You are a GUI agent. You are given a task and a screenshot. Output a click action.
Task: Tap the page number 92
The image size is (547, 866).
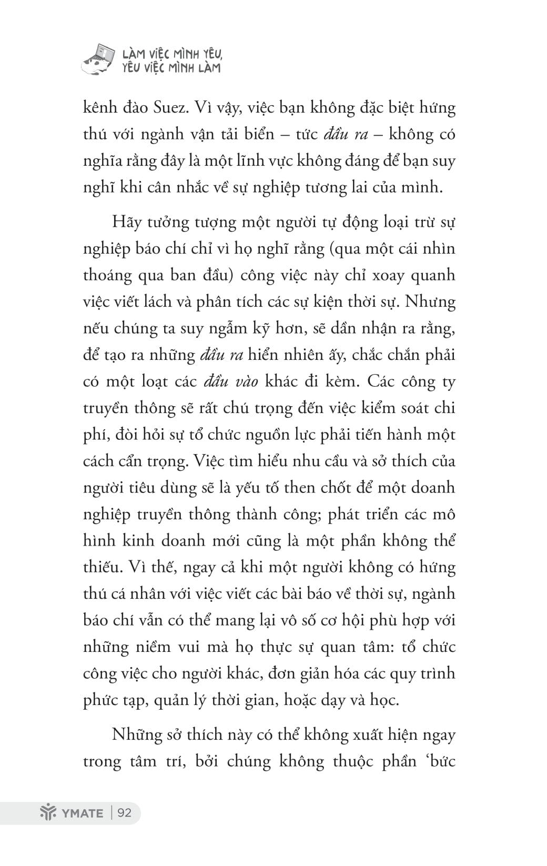[125, 812]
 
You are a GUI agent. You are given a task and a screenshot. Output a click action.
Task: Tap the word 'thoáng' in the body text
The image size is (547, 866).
[106, 276]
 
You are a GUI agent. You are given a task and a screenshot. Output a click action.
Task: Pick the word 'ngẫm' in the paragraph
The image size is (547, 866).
[214, 329]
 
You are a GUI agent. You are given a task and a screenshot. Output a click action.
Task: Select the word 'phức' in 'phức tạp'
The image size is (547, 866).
[100, 700]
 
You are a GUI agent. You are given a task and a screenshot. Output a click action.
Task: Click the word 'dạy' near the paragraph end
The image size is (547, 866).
[333, 700]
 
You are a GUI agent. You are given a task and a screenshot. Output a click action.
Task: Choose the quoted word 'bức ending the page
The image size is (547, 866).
[440, 761]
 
